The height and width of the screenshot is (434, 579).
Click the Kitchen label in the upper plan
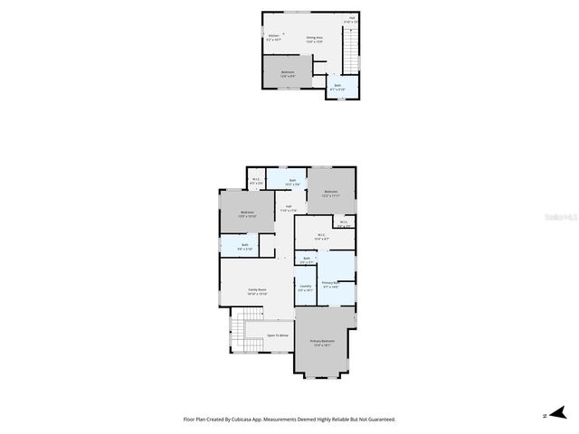coord(273,37)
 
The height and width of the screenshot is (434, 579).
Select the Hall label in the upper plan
coord(353,19)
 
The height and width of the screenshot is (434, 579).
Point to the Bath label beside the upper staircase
coord(337,87)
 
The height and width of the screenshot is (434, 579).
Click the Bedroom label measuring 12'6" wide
coord(288,73)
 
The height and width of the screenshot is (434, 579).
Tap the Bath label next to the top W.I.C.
coord(293,182)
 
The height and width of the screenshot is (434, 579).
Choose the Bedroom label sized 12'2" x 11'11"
coord(331,193)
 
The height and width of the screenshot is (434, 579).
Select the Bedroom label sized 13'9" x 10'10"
coord(247,214)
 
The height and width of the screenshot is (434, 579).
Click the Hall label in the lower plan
coord(289,209)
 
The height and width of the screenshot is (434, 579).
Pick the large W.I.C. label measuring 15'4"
coord(321,237)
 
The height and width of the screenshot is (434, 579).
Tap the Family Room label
coord(258,291)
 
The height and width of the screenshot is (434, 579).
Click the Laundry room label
coord(305,288)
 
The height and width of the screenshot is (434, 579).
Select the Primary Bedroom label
coord(323,342)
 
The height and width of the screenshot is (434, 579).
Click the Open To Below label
coord(277,335)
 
